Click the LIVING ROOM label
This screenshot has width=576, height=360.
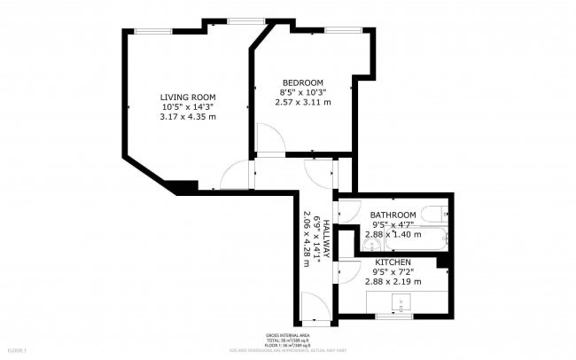[187, 97]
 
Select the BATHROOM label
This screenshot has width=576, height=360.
[393, 215]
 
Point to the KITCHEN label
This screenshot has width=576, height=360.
[393, 262]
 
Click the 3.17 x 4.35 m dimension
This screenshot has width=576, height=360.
[187, 117]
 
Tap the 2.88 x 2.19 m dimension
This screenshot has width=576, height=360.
[393, 282]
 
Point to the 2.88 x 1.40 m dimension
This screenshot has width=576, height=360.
[393, 235]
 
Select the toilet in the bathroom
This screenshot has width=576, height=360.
[433, 214]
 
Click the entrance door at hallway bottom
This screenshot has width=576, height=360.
[313, 310]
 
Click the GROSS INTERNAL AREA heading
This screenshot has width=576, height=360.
[288, 335]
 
